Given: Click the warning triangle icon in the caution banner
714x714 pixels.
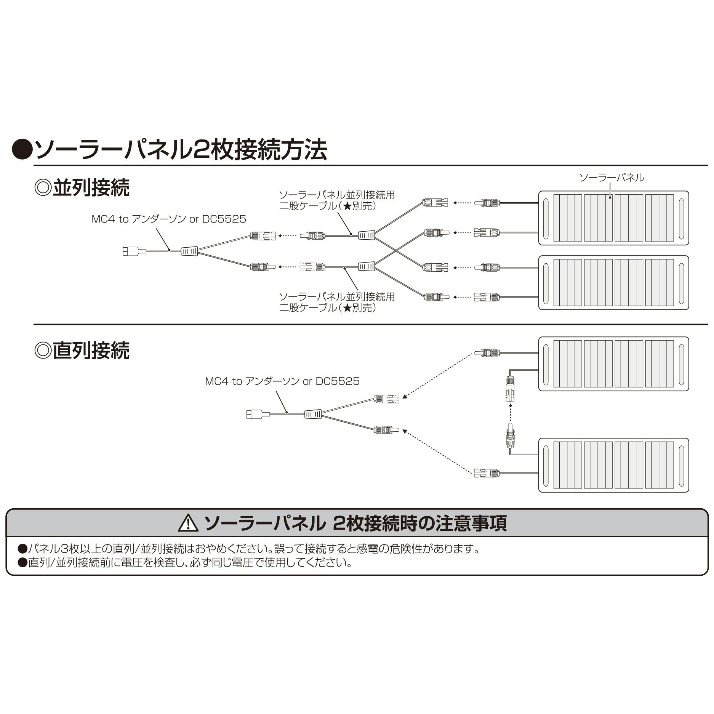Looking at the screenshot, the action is pyautogui.click(x=188, y=523).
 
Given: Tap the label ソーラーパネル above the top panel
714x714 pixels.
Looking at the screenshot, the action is pyautogui.click(x=612, y=178).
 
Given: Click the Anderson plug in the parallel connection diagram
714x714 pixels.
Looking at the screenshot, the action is pyautogui.click(x=135, y=251).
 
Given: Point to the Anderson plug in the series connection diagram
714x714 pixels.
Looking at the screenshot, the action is pyautogui.click(x=258, y=414).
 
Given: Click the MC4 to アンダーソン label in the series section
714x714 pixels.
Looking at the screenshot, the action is pyautogui.click(x=282, y=381).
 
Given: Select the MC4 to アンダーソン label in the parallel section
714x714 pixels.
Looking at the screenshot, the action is pyautogui.click(x=169, y=219).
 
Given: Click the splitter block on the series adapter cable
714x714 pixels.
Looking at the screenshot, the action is pyautogui.click(x=313, y=414).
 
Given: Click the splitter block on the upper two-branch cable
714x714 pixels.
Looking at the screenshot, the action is pyautogui.click(x=367, y=235).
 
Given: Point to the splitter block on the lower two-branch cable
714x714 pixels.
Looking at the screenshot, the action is pyautogui.click(x=367, y=266).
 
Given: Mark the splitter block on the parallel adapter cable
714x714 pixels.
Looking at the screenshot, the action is pyautogui.click(x=189, y=251).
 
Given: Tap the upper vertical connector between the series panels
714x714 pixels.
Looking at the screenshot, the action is pyautogui.click(x=510, y=388).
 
